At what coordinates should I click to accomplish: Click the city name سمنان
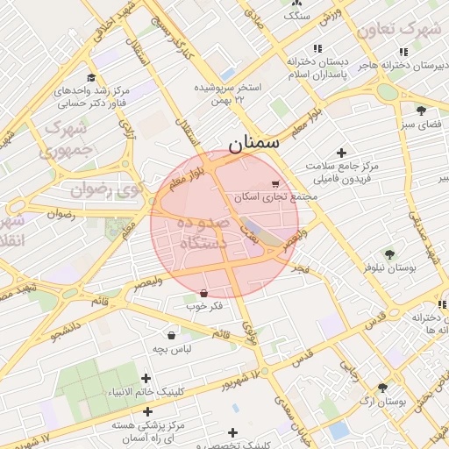(253, 143)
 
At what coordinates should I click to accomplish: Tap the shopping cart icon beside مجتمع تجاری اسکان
(275, 184)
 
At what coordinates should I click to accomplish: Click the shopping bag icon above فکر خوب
(204, 292)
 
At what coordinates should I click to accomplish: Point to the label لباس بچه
(172, 349)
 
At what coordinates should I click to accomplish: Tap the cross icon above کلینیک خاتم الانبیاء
(146, 378)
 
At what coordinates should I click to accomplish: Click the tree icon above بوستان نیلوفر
(389, 254)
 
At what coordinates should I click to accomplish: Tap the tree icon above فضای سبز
(421, 110)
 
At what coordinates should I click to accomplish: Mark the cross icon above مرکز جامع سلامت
(341, 153)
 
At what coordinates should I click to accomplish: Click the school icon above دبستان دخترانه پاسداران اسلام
(317, 49)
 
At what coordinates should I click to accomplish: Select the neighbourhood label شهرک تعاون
(399, 29)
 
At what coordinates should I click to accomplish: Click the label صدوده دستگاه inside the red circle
(203, 233)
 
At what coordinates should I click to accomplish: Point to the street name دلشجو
(65, 330)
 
